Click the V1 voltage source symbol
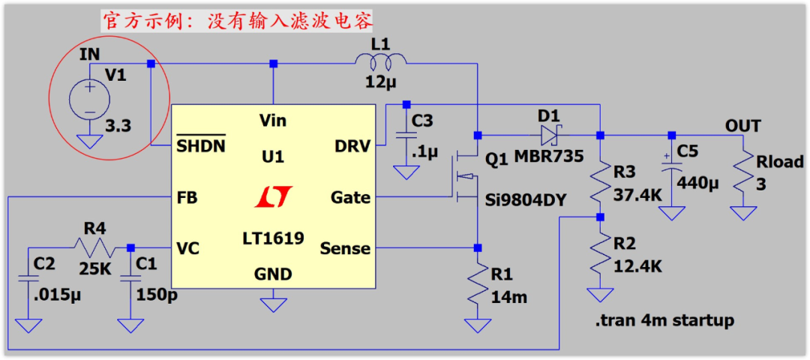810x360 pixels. [x=89, y=98]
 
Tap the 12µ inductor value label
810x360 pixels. [x=381, y=82]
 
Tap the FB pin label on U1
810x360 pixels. [x=187, y=197]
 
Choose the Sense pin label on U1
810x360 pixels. [x=345, y=248]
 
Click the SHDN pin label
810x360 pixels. [x=200, y=146]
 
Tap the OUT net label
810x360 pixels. [x=742, y=126]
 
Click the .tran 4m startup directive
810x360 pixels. [x=664, y=320]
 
